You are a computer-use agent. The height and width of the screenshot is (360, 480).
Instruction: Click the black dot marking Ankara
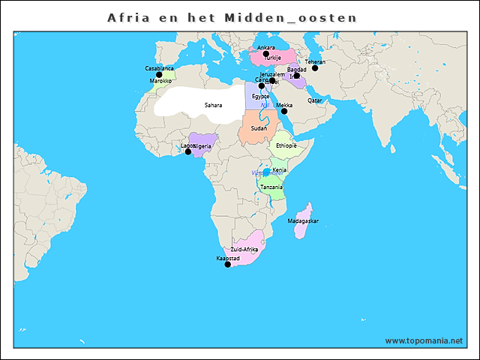[265, 54]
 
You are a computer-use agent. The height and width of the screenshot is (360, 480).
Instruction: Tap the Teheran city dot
[315, 68]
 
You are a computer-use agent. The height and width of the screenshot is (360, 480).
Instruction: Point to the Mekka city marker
[283, 111]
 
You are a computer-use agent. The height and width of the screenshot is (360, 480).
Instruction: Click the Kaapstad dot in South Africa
[228, 264]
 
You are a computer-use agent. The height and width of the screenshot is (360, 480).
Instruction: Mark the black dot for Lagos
[188, 151]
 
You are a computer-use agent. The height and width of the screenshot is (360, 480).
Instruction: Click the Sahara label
[213, 105]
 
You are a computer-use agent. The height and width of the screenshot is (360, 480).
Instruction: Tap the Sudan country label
[259, 128]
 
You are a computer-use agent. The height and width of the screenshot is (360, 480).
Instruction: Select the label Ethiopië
[286, 145]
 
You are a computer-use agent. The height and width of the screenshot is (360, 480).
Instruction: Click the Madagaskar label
[303, 221]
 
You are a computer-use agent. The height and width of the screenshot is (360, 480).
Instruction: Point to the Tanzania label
[271, 187]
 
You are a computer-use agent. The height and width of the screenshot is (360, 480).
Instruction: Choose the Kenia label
[279, 169]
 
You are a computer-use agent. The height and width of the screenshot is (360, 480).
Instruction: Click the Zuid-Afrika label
[244, 248]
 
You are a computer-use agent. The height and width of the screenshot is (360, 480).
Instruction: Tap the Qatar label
[314, 100]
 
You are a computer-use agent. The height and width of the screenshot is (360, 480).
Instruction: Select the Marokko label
[160, 81]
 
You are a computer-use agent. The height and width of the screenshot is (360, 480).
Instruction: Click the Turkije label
[272, 58]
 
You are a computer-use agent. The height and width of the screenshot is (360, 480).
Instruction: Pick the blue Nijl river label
[265, 105]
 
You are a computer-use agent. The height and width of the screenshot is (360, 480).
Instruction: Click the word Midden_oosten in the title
[290, 16]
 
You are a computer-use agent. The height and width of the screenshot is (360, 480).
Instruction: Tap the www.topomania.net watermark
[424, 340]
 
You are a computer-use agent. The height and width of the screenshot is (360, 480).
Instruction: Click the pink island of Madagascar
[302, 223]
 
